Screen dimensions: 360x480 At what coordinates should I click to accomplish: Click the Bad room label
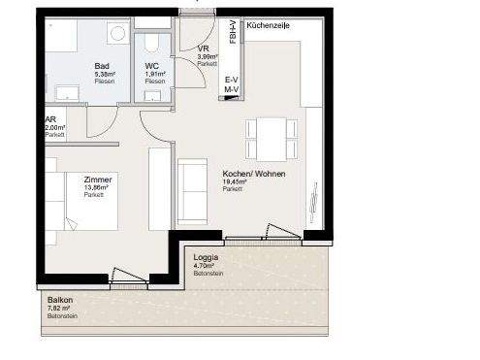coord(102,66)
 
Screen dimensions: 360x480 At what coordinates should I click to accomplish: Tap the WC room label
coord(152,66)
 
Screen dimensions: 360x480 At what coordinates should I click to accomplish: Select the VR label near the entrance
coord(203,48)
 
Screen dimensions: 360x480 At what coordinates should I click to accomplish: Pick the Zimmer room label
coord(98,180)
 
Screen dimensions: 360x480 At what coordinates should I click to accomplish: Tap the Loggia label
coord(206,257)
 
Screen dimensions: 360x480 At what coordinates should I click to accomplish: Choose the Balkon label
coord(59,300)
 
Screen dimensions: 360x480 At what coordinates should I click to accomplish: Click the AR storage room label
coord(50,119)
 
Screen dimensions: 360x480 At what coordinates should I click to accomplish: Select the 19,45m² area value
coord(235,181)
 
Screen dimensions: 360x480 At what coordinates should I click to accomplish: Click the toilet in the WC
coord(152,45)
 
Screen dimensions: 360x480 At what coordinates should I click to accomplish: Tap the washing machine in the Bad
coord(117,34)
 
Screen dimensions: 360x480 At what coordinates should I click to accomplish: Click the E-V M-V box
coord(231,84)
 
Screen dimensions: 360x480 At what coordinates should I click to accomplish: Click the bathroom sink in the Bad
coord(68,93)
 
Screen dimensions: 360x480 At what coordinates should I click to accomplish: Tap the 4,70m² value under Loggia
coord(203,266)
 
